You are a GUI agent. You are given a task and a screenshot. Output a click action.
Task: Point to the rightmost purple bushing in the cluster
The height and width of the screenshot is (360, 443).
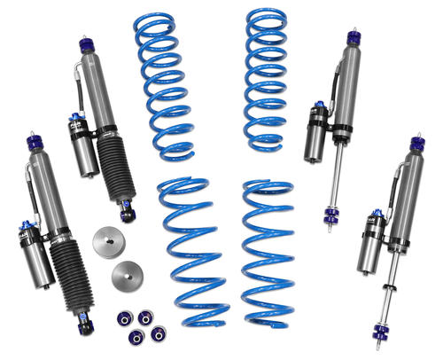159,333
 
